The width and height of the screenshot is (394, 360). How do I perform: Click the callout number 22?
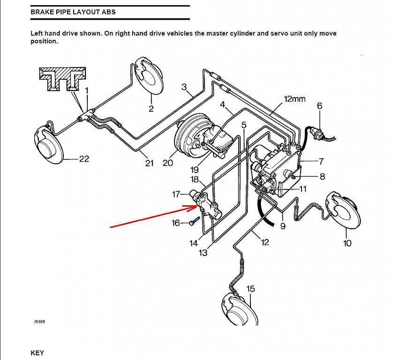tap(84, 158)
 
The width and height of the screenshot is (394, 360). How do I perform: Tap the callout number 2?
tap(151, 109)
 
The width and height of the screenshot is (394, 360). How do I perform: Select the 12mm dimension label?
tap(295, 99)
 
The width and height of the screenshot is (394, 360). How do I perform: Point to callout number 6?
tap(319, 105)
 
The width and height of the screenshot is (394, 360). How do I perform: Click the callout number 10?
tap(347, 243)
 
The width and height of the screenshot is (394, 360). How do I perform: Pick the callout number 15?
tap(250, 289)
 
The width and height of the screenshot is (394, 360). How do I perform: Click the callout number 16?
tap(176, 223)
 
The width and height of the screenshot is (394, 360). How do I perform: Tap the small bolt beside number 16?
tap(194, 221)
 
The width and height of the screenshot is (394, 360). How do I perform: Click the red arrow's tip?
tap(198, 207)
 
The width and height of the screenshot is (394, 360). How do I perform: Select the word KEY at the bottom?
tap(37, 353)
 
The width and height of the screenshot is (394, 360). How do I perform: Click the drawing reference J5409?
tap(40, 322)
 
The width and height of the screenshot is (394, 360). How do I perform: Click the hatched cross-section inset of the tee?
tap(62, 79)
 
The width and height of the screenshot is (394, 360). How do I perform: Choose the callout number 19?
tap(195, 170)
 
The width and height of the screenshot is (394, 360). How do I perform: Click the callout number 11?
tap(303, 189)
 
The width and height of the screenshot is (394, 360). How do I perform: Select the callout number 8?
tap(322, 177)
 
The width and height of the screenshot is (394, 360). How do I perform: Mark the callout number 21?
tap(149, 163)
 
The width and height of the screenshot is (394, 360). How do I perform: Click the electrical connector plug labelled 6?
tap(317, 133)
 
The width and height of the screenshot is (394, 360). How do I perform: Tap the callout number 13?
tap(203, 253)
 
